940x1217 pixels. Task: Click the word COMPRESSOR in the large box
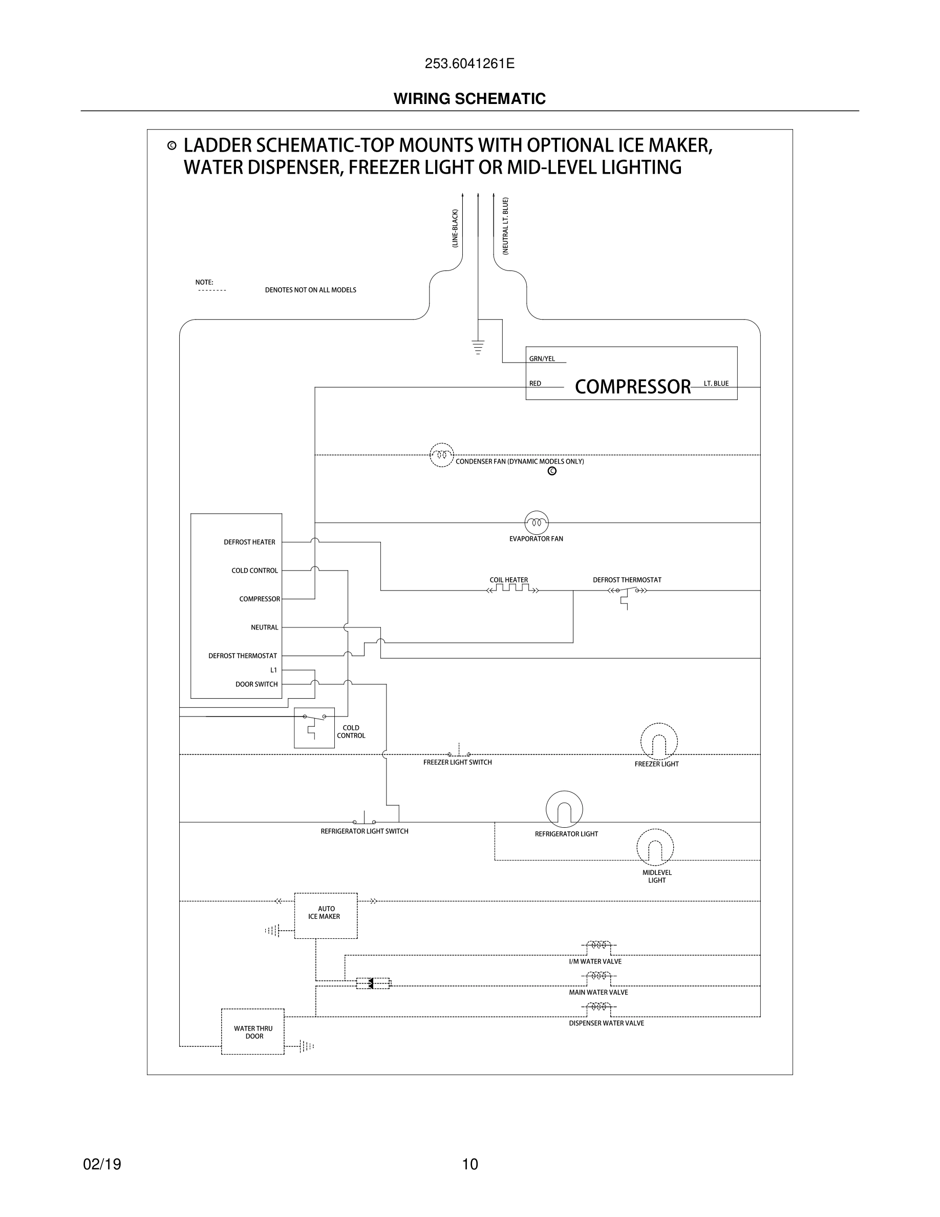[632, 386]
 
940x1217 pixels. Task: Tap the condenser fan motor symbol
[442, 455]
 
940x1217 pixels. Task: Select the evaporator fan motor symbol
[536, 522]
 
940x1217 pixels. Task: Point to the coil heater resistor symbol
[513, 589]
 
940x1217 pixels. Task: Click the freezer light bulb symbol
[659, 742]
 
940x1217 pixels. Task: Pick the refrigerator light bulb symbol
[564, 809]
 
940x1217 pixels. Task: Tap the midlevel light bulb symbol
[655, 848]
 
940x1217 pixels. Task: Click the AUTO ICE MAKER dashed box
[326, 915]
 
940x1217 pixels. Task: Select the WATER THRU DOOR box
[253, 1032]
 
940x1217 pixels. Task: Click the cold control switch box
[314, 728]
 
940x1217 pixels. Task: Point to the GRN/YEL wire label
[542, 359]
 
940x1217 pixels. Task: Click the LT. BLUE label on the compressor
[716, 383]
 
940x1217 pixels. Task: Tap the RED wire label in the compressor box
[535, 383]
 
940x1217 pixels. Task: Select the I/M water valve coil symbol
[599, 945]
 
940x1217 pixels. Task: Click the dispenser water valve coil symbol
[599, 1006]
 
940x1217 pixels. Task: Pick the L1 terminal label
[273, 670]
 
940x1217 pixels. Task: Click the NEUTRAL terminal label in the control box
[265, 627]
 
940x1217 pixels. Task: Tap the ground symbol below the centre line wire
[478, 347]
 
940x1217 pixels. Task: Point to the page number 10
[470, 1164]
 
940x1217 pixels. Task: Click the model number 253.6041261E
[469, 64]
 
